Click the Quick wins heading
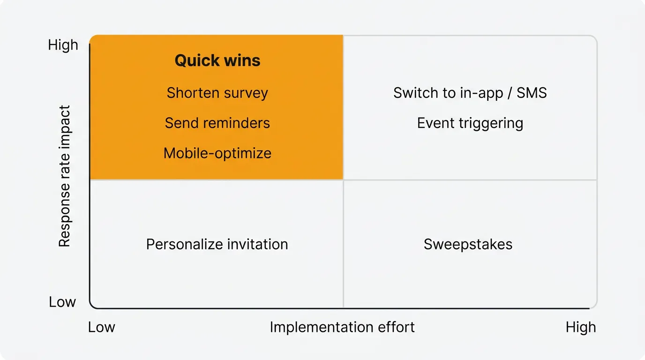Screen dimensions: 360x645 [x=217, y=60]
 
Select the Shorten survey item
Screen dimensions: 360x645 [x=217, y=93]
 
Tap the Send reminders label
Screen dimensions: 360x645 [x=217, y=123]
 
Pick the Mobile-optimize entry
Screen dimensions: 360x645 [x=217, y=153]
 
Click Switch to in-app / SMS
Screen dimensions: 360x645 [x=470, y=93]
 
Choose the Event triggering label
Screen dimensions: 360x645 [x=470, y=123]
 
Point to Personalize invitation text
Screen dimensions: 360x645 [x=217, y=244]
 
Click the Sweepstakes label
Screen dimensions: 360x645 [x=468, y=244]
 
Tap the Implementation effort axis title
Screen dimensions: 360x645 [x=342, y=327]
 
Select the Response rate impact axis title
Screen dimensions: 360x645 [x=64, y=176]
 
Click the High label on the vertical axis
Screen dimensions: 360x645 [x=63, y=45]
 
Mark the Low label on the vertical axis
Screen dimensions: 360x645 [x=62, y=302]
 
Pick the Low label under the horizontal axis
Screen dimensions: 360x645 [x=101, y=327]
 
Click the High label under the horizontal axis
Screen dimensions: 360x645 [x=580, y=327]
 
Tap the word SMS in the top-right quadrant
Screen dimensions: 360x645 [x=532, y=93]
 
